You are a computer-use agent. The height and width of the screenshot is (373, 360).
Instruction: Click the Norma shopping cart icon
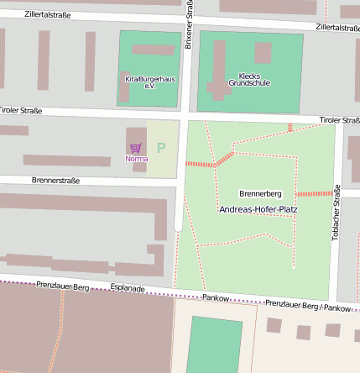coord(135,148)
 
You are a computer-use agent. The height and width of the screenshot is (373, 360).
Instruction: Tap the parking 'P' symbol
coord(161,148)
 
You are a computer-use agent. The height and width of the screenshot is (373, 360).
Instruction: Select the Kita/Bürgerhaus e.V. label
coord(150,81)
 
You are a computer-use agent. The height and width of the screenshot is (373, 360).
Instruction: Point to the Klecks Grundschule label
coord(249,79)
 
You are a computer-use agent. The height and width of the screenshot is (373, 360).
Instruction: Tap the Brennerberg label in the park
coord(260,193)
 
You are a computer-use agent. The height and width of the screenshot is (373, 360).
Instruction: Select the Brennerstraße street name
coord(55,180)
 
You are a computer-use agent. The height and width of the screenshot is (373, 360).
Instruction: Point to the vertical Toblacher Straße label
coord(337,213)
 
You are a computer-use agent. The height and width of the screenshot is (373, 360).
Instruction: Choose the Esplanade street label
coord(128,287)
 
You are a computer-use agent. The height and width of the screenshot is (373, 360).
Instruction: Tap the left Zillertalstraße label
coord(48,15)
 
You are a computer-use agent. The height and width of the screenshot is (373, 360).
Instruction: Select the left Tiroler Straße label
coord(21,110)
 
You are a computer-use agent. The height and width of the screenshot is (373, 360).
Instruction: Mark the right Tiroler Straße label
coord(339,120)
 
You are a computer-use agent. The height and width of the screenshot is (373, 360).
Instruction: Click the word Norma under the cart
coord(136,159)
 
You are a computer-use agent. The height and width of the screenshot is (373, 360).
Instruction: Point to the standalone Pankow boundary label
coord(216,297)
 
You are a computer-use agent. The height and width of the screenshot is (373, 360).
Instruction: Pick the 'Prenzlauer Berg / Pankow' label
coord(307,306)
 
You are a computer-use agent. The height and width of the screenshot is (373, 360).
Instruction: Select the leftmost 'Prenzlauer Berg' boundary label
coord(62,286)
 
